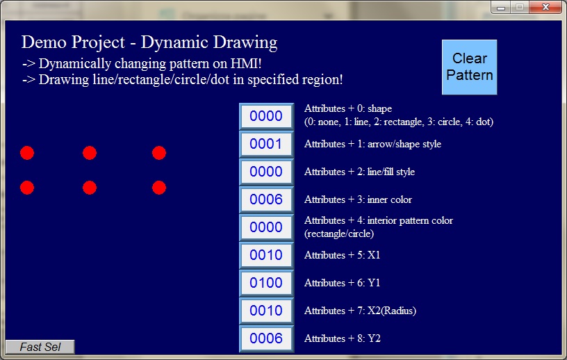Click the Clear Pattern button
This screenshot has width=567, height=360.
(x=469, y=67)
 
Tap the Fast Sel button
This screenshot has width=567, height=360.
(x=40, y=347)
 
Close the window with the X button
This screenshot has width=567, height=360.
(x=545, y=7)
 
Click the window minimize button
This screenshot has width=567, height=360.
(x=501, y=7)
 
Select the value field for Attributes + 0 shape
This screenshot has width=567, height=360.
(x=266, y=116)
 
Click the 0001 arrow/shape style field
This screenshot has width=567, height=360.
(x=266, y=144)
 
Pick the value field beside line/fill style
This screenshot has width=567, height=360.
(x=266, y=172)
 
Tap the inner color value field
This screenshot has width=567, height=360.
(x=266, y=199)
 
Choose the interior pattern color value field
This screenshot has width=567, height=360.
(x=266, y=227)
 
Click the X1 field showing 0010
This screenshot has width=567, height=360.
(x=266, y=255)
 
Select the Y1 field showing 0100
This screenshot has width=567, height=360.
(x=266, y=283)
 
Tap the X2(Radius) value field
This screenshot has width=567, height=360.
(x=266, y=311)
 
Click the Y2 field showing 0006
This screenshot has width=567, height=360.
(x=266, y=338)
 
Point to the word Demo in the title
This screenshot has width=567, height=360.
(x=44, y=42)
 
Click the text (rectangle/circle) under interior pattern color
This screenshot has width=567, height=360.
(x=339, y=234)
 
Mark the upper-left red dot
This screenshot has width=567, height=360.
(x=27, y=153)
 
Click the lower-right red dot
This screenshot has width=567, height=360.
(x=159, y=188)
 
